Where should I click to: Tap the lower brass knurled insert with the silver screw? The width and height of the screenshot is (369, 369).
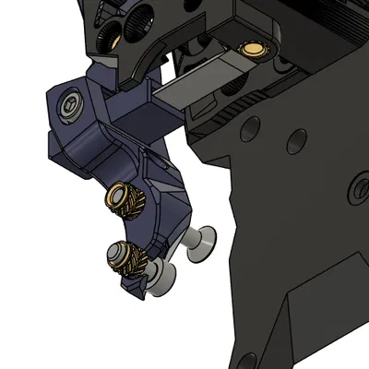point(125,256)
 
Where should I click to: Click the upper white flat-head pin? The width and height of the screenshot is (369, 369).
point(199,241)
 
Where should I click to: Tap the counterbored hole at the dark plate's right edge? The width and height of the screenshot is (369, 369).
point(359,191)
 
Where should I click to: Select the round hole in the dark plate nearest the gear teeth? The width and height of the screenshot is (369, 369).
point(246,131)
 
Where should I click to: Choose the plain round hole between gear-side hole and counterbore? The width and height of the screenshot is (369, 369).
point(297,140)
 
